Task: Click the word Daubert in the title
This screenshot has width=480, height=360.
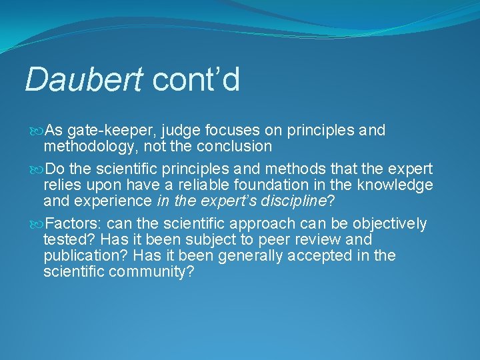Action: pyautogui.click(x=83, y=79)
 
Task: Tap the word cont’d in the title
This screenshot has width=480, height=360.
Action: pyautogui.click(x=196, y=79)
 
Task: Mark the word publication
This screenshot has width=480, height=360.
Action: pyautogui.click(x=83, y=256)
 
